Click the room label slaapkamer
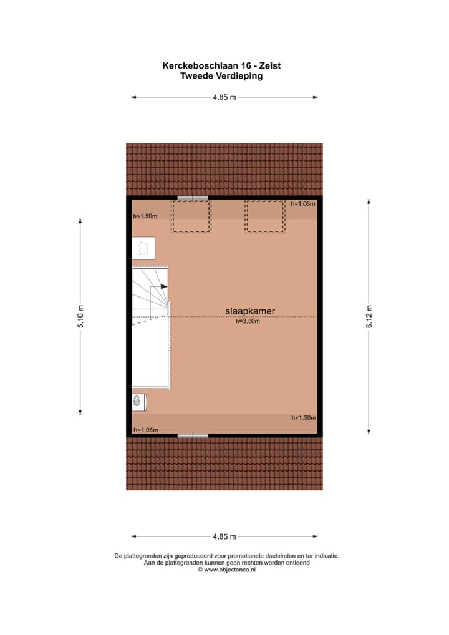(250, 311)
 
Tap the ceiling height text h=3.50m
(248, 322)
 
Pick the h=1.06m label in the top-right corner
(304, 204)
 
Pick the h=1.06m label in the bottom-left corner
(145, 430)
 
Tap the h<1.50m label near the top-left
(145, 216)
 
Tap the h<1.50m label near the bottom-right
(304, 418)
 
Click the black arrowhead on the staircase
(163, 286)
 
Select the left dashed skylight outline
(191, 216)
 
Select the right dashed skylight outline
(265, 216)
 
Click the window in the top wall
(192, 198)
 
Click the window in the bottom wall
(193, 435)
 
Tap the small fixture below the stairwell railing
(138, 402)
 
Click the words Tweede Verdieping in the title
(221, 76)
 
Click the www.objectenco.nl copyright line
(227, 570)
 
